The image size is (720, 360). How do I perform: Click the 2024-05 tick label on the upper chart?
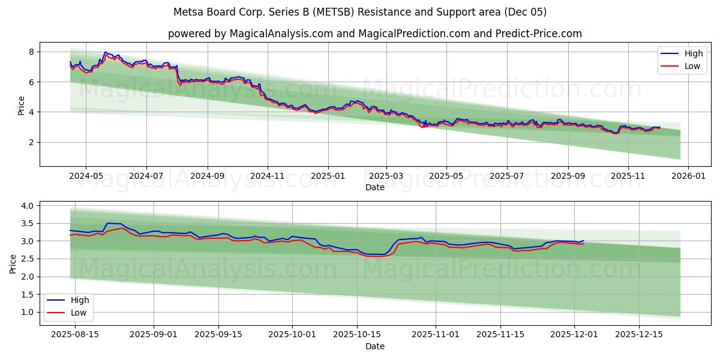(x=86, y=176)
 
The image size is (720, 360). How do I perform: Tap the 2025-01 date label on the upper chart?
(x=328, y=176)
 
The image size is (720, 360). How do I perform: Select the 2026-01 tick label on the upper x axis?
(x=688, y=176)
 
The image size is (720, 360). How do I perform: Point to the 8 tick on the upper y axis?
(x=31, y=52)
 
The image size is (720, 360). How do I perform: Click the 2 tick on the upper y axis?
(x=31, y=142)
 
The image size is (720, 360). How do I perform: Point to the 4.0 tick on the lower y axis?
(x=28, y=206)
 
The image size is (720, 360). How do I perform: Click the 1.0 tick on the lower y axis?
(x=28, y=312)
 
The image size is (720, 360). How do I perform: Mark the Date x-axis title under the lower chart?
(x=375, y=346)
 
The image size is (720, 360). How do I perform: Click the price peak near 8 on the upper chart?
(x=106, y=52)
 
